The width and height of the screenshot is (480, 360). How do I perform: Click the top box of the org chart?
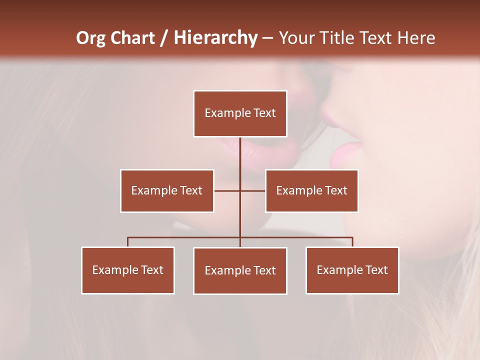(x=240, y=113)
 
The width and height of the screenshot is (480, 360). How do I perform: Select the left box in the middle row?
(x=167, y=190)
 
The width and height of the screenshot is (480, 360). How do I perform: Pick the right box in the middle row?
(x=311, y=190)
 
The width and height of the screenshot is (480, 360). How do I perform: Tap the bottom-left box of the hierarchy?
(x=128, y=270)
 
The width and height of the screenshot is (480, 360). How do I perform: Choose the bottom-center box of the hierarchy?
(x=240, y=270)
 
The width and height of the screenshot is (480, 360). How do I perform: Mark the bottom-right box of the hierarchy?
(x=352, y=270)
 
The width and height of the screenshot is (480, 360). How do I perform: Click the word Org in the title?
(x=91, y=38)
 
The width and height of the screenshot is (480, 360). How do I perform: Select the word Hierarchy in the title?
(x=215, y=38)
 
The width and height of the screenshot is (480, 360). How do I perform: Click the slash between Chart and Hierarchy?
(x=164, y=38)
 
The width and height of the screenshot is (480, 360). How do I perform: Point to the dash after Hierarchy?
(x=268, y=38)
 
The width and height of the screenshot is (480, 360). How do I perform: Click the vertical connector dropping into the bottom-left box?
(x=128, y=242)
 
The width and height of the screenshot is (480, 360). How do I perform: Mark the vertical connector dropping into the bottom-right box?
(x=352, y=242)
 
